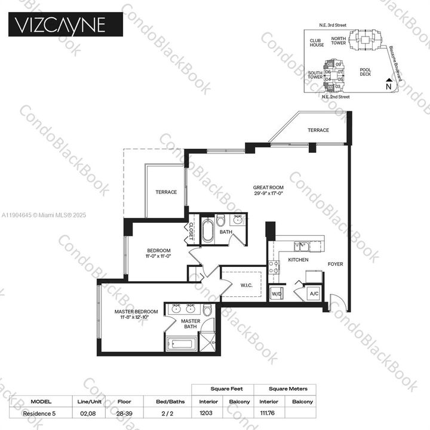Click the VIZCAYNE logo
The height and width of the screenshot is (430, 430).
point(66,25)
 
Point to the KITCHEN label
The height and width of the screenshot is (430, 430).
point(298,261)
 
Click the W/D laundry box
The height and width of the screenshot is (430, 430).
point(277,294)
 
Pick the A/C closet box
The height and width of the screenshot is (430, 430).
point(313,294)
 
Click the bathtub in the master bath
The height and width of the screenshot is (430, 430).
point(182,345)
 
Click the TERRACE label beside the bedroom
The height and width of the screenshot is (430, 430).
point(166,192)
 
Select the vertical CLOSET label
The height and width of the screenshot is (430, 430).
point(192,231)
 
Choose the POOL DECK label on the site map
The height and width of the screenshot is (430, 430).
point(365,72)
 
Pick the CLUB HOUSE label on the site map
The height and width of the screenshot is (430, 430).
point(316,43)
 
